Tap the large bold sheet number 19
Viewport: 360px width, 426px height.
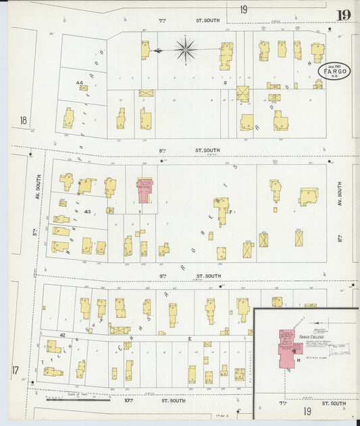[343, 16]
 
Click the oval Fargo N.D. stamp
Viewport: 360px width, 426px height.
[335, 72]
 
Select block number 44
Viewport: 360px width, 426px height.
[80, 83]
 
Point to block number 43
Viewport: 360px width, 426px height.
[87, 211]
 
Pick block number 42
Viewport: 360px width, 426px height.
[61, 334]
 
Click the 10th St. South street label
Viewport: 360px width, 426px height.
[173, 400]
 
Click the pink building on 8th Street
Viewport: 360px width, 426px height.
[145, 190]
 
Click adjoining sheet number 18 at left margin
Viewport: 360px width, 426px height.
[24, 120]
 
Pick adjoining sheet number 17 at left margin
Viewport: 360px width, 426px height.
[16, 370]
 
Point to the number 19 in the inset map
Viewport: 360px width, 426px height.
[307, 411]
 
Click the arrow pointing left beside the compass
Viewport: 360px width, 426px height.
[158, 50]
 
